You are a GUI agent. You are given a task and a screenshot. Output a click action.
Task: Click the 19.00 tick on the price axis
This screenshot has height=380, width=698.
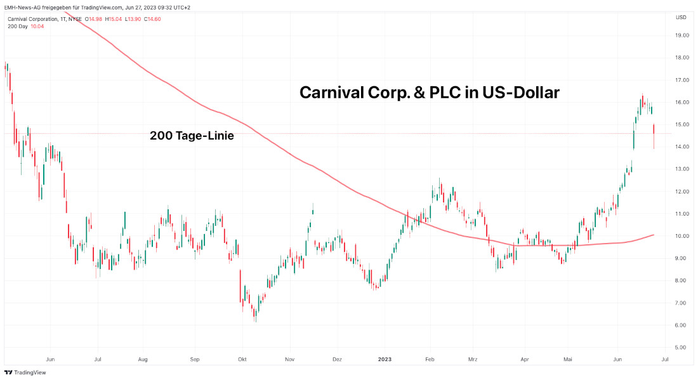[682, 36]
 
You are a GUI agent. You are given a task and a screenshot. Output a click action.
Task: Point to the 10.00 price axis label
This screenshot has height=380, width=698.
[682, 236]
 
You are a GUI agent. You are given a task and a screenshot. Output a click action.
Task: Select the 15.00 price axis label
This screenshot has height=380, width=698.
[682, 124]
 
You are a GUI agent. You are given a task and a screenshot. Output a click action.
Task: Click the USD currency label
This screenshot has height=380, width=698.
[681, 17]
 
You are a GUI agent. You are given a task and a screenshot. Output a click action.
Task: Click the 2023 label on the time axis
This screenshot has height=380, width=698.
[385, 359]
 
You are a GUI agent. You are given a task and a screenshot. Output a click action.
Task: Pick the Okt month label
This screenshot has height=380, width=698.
[241, 359]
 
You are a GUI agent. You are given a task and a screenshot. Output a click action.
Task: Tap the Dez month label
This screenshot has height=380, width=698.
[337, 359]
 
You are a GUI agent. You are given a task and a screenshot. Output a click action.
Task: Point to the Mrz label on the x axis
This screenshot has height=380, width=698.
[473, 359]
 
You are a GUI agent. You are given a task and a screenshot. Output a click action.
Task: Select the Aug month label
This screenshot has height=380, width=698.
[143, 359]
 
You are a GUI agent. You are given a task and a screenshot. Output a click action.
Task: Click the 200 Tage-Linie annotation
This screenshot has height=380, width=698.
[192, 135]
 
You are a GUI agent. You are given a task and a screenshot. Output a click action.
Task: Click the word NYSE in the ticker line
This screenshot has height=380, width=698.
[74, 19]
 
